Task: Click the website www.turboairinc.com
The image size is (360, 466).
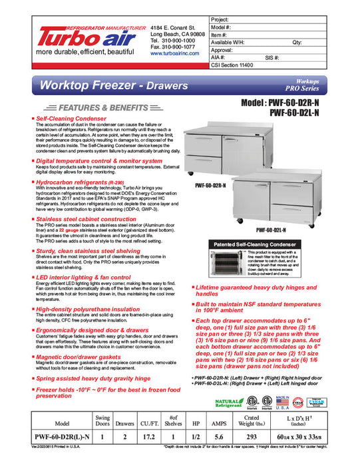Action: (175, 53)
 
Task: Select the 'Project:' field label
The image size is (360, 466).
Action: (221, 20)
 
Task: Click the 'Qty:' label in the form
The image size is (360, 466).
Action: (297, 42)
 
